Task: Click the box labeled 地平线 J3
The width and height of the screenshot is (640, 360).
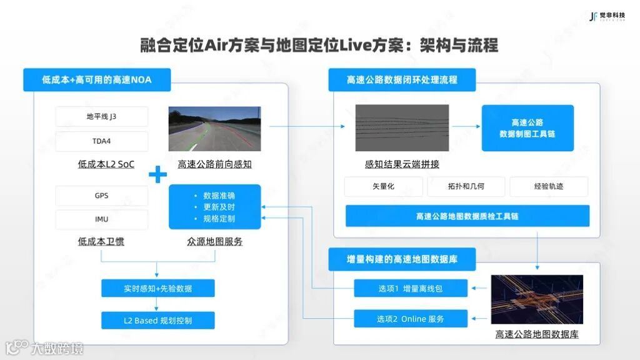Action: click(x=102, y=117)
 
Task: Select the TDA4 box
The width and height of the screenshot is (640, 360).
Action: click(x=102, y=141)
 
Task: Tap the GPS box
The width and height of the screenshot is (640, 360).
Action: click(x=102, y=196)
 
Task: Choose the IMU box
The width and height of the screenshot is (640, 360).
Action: click(x=102, y=219)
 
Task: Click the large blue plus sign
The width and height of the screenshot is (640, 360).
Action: click(x=157, y=174)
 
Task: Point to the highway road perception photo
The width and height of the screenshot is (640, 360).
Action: click(x=214, y=129)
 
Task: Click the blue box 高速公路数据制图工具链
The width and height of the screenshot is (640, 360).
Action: click(x=527, y=128)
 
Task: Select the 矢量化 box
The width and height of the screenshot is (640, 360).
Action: click(x=383, y=186)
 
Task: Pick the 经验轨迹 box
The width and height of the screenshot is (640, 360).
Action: click(x=549, y=186)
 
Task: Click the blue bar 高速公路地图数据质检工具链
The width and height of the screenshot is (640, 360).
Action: click(x=467, y=216)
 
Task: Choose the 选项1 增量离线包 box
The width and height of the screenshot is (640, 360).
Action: click(x=410, y=289)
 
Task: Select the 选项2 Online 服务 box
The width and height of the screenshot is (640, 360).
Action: click(x=410, y=319)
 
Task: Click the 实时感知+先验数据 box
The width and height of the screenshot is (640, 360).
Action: click(x=157, y=289)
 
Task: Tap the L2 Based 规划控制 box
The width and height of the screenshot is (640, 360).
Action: click(x=157, y=321)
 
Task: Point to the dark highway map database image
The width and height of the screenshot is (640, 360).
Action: click(x=537, y=299)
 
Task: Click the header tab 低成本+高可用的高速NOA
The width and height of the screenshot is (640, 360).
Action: click(x=97, y=80)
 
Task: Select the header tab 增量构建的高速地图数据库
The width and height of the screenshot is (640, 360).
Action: click(x=402, y=259)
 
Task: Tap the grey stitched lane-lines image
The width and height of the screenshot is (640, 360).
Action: click(x=402, y=127)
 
